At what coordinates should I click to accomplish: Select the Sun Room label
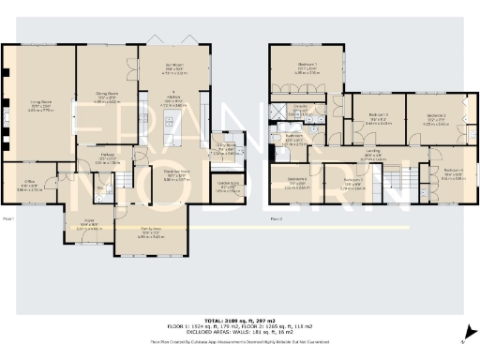pyautogui.click(x=172, y=67)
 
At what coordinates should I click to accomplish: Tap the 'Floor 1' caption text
pyautogui.click(x=9, y=218)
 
